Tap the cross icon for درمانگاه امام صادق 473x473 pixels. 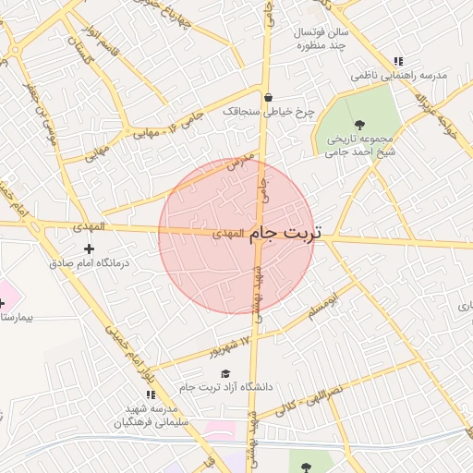[x=89, y=249]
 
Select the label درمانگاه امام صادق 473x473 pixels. [x=90, y=263]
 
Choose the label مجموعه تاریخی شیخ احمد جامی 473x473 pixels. [x=358, y=148]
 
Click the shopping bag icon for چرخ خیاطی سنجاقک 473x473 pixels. [x=268, y=97]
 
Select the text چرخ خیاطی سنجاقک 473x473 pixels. [x=269, y=112]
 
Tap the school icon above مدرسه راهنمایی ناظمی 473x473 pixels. [x=398, y=60]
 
